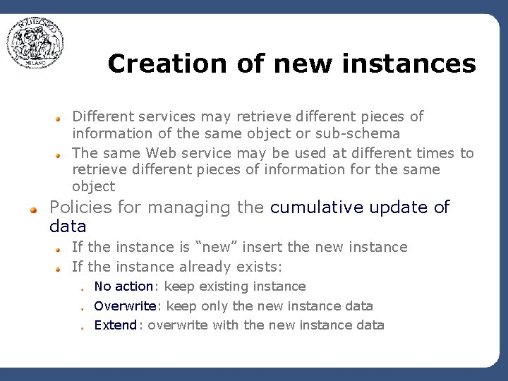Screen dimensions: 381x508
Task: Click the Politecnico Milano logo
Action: coord(36,43)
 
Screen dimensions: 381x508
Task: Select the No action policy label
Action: coord(123,286)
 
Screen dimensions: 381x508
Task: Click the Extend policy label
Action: coord(116,325)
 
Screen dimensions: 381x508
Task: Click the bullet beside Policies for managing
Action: coord(33,210)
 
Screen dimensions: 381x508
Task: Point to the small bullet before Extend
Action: coord(83,327)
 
